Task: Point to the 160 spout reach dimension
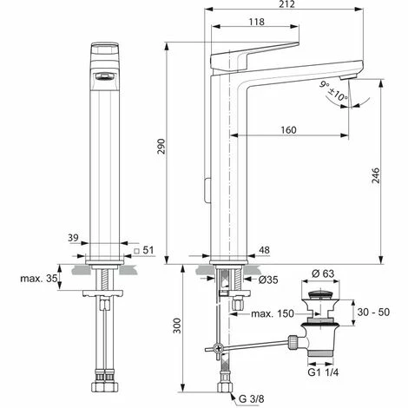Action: pyautogui.click(x=289, y=129)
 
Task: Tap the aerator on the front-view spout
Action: pyautogui.click(x=102, y=76)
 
